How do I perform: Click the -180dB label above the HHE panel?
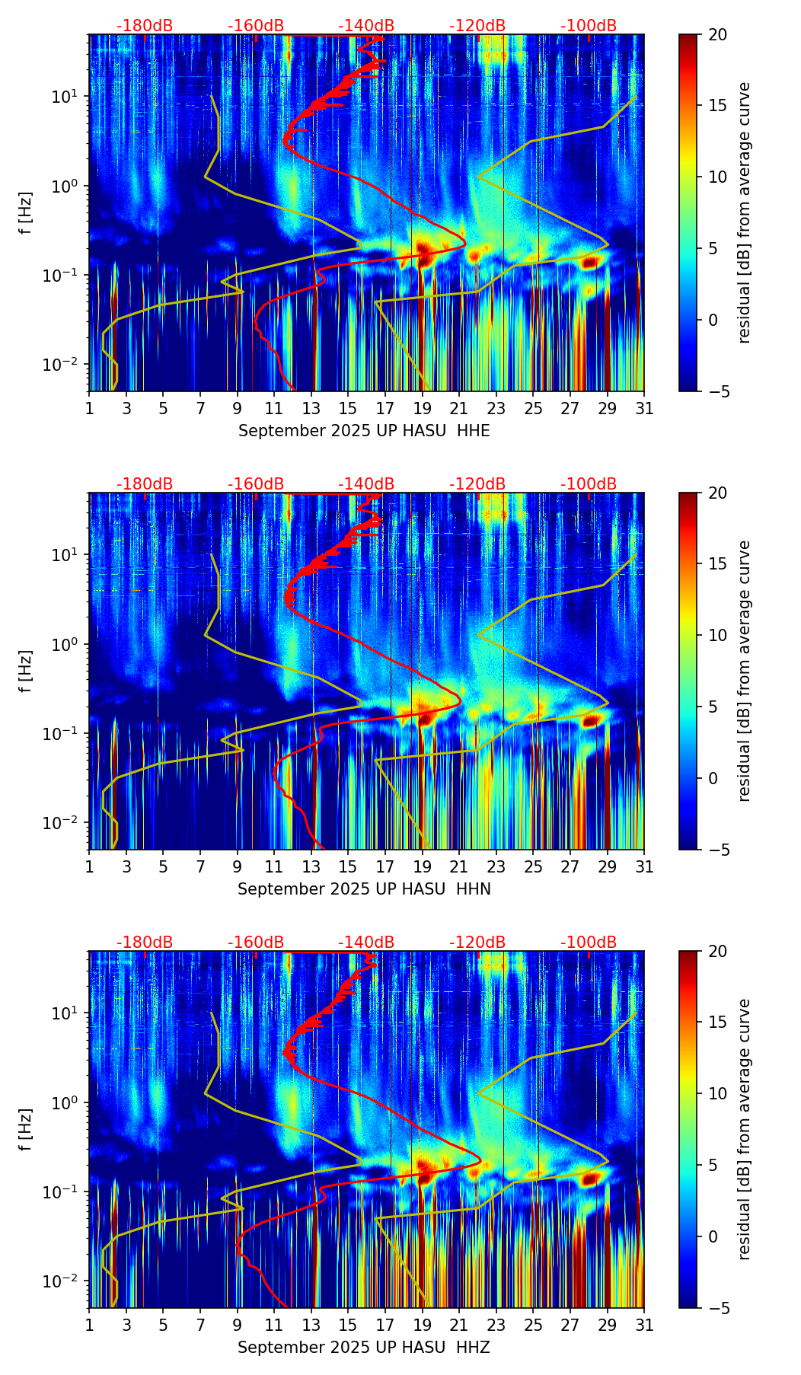[145, 26]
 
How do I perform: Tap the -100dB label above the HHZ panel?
[589, 943]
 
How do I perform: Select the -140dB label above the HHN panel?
[366, 484]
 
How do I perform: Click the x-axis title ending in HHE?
[364, 431]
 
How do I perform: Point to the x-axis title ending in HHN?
[364, 889]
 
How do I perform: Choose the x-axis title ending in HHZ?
[363, 1348]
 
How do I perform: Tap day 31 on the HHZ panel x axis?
[644, 1325]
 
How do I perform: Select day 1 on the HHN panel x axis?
[90, 866]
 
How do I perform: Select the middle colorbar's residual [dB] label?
[744, 671]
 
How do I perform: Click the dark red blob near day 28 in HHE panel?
[589, 263]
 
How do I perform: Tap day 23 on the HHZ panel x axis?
[496, 1325]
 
